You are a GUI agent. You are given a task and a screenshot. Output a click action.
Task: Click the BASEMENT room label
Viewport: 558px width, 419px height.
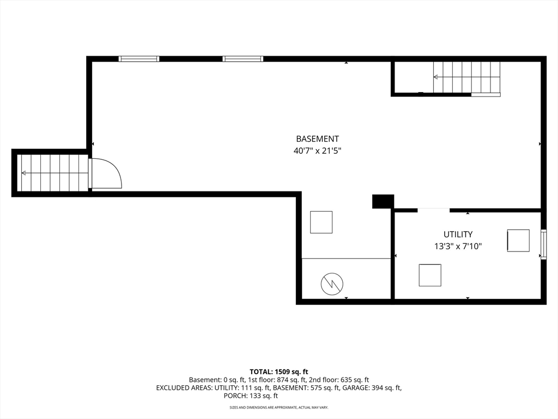coord(318,139)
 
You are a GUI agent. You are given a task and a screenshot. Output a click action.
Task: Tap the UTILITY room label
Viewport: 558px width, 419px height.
coord(458,235)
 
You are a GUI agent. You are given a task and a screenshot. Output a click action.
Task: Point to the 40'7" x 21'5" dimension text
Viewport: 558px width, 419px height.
coord(318,151)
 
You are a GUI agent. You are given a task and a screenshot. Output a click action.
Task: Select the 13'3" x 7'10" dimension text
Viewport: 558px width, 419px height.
coord(458,246)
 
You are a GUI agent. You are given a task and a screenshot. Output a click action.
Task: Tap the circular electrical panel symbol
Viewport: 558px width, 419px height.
coord(332,284)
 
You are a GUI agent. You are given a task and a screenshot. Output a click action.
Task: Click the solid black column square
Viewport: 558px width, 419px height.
coord(383,201)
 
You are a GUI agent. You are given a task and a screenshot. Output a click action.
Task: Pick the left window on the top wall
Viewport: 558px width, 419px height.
coord(139,59)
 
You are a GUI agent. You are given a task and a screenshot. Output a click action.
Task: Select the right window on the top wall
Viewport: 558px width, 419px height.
coord(243,59)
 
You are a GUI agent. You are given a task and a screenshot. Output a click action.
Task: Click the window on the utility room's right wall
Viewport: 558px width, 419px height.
coord(543,244)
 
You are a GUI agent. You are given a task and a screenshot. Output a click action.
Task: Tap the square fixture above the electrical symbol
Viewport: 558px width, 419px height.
coord(322,223)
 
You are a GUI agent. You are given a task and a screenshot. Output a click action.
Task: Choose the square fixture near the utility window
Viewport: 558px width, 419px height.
coord(518,241)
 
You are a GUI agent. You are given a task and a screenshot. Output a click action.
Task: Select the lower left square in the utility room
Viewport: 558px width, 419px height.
coord(430,275)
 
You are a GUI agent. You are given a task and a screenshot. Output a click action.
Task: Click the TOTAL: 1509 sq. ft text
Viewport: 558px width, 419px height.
coord(279,372)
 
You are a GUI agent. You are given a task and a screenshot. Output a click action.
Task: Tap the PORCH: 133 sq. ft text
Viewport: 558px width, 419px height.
coord(251,396)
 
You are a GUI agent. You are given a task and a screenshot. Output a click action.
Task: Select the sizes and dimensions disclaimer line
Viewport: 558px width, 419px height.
coord(279,407)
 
